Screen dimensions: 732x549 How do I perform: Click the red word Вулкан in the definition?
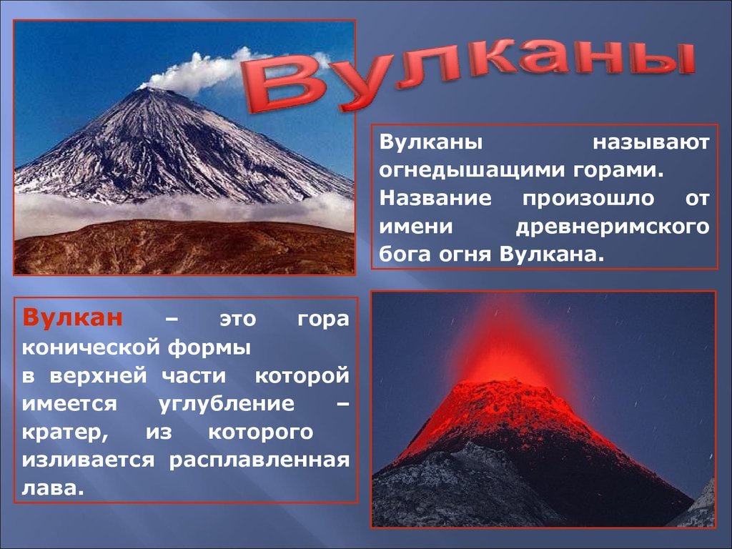73,318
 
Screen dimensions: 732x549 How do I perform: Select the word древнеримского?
613,227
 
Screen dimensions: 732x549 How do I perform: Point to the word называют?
651,142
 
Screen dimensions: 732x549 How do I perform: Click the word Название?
435,198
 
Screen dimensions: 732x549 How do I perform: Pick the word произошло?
588,199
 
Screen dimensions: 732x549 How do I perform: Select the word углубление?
227,405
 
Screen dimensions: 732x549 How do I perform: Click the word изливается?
88,460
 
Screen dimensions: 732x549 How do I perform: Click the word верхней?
98,377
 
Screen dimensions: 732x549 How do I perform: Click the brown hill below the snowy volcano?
184,247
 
